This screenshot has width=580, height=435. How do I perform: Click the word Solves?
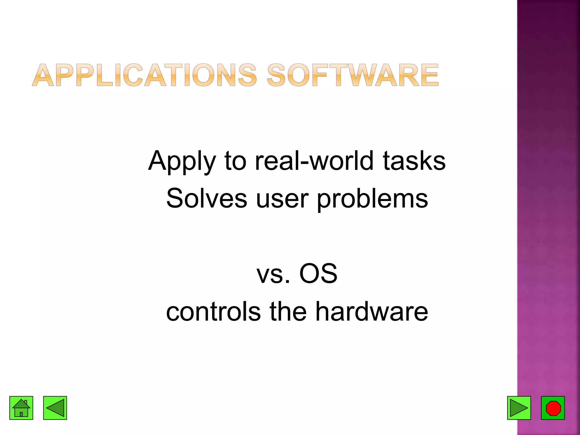[206, 199]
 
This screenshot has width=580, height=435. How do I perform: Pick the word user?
[282, 199]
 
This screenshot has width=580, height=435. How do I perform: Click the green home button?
[21, 408]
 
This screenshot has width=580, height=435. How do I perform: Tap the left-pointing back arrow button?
[55, 408]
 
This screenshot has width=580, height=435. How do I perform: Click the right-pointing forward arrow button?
[519, 408]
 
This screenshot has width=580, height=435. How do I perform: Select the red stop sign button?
[553, 408]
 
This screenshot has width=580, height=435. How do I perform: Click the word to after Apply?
[235, 161]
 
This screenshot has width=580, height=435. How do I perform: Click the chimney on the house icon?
[26, 402]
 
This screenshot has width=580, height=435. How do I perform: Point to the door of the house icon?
[21, 414]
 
